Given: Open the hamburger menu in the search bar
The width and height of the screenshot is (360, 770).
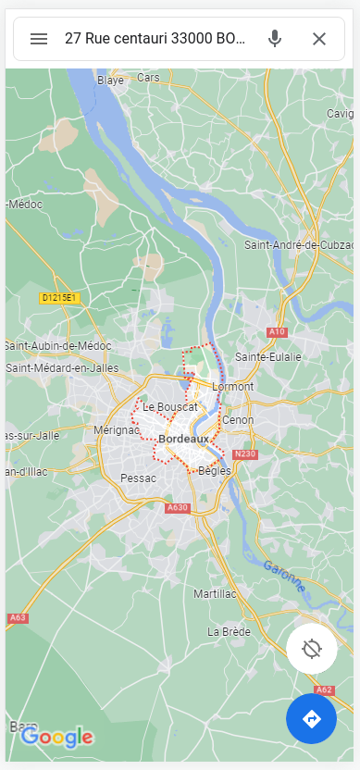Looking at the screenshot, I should [39, 39].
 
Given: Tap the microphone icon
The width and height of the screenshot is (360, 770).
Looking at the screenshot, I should [275, 39].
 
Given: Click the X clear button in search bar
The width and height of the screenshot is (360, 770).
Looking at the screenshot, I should [319, 39].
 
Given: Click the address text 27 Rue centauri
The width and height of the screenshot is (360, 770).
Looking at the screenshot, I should [155, 39].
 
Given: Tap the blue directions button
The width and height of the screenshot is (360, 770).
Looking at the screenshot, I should [311, 718].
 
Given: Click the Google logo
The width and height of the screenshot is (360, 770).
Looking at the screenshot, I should [57, 737].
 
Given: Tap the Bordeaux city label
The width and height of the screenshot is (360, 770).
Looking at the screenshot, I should [183, 439].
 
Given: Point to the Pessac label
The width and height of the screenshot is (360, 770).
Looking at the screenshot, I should [139, 478].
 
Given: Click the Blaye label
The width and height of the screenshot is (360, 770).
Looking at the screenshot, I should [111, 81].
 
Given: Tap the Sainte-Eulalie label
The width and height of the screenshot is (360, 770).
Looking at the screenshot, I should [267, 356].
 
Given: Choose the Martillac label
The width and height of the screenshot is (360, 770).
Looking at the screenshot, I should [217, 593].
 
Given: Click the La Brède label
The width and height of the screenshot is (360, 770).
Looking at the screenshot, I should [229, 631].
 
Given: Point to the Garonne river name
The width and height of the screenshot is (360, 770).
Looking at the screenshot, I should [283, 577].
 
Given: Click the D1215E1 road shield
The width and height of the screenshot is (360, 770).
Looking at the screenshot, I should [60, 298].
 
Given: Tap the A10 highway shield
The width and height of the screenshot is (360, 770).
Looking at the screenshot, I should [276, 331].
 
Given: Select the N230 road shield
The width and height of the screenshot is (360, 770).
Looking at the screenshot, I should [245, 453].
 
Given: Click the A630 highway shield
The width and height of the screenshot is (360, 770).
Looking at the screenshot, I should [177, 507].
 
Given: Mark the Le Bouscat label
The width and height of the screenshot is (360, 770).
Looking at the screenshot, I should [170, 406].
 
